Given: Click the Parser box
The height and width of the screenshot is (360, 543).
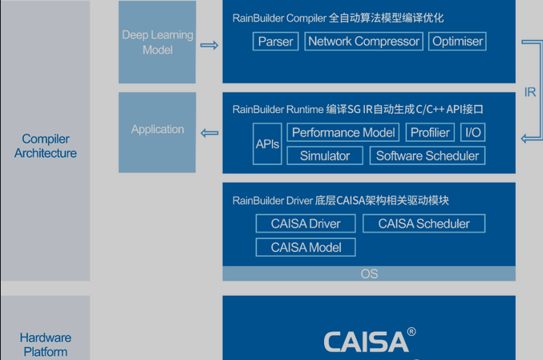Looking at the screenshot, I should [x=276, y=42].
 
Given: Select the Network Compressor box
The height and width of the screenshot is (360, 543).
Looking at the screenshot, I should [x=363, y=42].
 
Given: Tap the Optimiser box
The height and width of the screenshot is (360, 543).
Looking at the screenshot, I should [x=457, y=42].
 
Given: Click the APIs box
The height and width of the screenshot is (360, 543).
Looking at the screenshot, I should [x=268, y=144].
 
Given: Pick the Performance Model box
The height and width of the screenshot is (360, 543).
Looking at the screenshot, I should [x=343, y=132].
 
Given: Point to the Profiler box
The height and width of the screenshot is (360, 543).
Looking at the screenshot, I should [x=431, y=132].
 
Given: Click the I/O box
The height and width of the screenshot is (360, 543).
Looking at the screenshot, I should [x=473, y=132].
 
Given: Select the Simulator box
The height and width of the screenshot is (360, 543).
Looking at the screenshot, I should [x=325, y=156].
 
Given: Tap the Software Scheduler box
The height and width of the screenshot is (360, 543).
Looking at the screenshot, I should [x=428, y=156].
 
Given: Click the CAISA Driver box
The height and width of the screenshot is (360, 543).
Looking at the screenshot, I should [x=306, y=224].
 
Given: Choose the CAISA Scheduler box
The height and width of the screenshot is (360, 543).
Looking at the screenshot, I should [x=423, y=224].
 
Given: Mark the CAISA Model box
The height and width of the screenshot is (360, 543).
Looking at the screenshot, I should [x=306, y=247].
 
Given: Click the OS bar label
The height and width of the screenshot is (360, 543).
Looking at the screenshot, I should [x=369, y=273].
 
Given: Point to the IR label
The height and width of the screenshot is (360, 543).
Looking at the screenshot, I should [x=530, y=92].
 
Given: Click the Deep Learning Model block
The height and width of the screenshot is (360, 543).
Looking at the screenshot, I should [x=157, y=42].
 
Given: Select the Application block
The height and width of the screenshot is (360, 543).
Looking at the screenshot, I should [x=157, y=130].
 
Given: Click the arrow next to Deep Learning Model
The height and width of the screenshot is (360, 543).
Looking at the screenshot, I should [x=209, y=46].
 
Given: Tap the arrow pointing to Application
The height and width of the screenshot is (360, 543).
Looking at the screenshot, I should [x=209, y=133].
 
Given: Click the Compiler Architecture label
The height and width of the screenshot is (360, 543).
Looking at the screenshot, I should [x=46, y=146].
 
